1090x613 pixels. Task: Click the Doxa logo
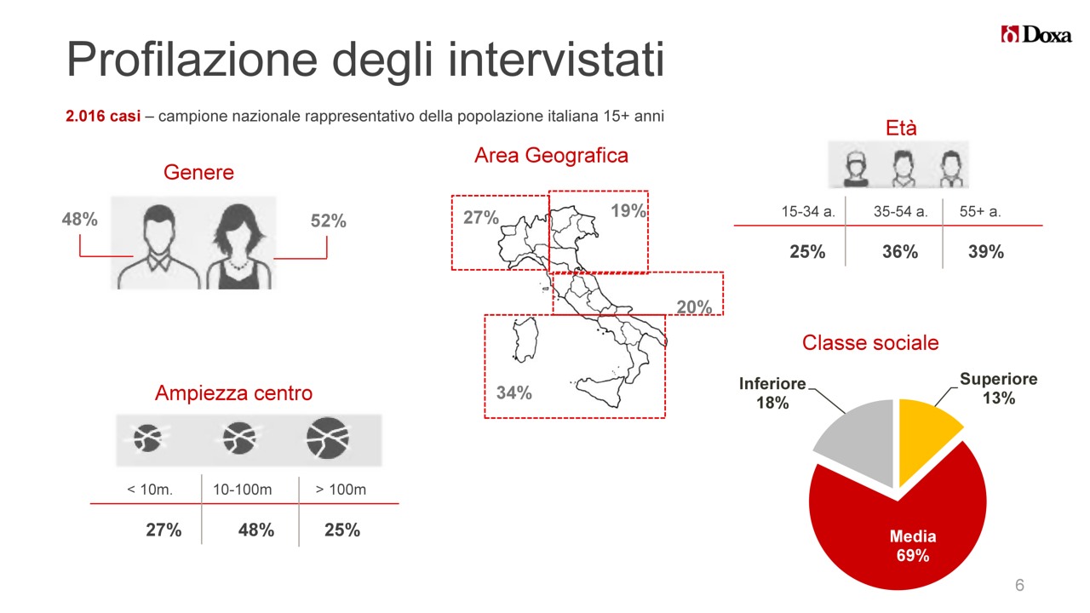[1036, 35]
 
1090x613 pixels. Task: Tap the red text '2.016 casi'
[103, 117]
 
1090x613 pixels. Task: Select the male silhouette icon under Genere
[158, 247]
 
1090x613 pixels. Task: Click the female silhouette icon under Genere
[238, 246]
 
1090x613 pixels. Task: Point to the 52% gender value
[329, 221]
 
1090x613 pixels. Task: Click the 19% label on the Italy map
[628, 210]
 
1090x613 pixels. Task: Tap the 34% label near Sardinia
[513, 392]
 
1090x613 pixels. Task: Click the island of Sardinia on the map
[525, 340]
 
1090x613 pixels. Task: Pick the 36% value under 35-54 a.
[900, 252]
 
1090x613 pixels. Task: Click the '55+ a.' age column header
[980, 212]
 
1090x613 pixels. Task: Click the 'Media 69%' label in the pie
[913, 546]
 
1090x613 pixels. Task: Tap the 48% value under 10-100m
[256, 530]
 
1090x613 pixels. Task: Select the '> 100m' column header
[341, 490]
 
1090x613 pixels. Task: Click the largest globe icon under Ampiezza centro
[328, 438]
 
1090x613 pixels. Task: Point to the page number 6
[1019, 585]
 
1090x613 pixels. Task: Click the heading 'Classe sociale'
[870, 342]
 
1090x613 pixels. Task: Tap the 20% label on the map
[694, 307]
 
